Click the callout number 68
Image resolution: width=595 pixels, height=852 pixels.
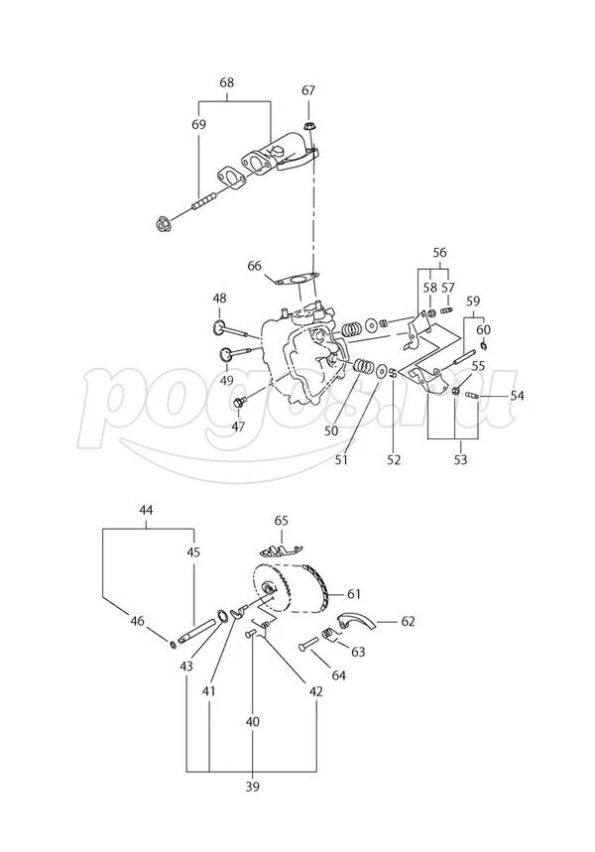(x=226, y=83)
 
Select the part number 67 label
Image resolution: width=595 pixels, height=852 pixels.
(x=308, y=91)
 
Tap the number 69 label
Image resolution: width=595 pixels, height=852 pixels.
(x=198, y=125)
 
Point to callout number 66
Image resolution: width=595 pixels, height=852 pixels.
(x=255, y=266)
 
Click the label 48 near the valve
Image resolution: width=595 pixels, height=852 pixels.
(x=219, y=298)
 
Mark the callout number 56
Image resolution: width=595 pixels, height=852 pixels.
(x=440, y=252)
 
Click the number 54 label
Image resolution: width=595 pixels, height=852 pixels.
(x=517, y=396)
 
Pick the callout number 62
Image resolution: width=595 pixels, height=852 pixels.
(x=408, y=621)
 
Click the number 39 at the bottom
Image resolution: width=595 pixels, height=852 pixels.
(x=252, y=787)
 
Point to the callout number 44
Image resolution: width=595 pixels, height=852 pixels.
(x=146, y=510)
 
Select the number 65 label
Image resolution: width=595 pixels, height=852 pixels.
(x=281, y=520)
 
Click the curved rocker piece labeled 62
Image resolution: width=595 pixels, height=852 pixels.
(x=354, y=623)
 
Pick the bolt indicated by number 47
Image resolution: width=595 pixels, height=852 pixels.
(x=240, y=402)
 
